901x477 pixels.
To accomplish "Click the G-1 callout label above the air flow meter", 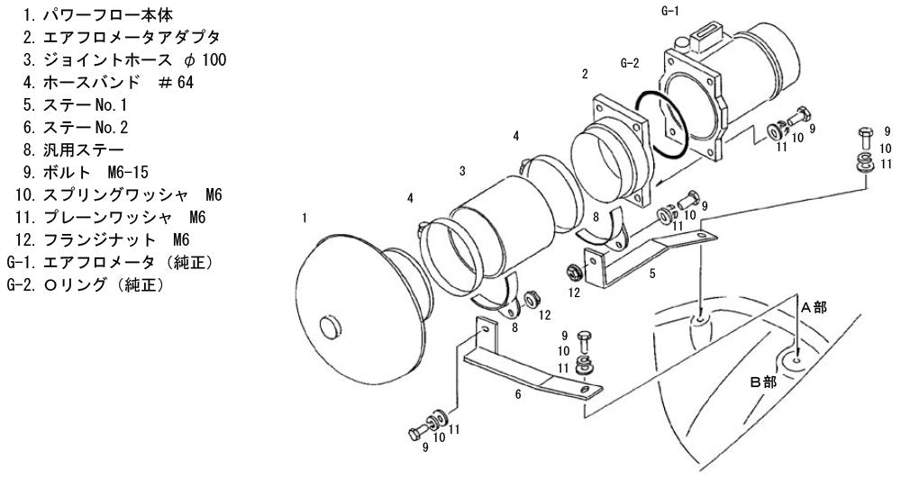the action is (x=670, y=11).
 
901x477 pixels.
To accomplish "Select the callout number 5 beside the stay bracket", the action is (x=652, y=274).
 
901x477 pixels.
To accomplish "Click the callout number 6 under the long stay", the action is (x=518, y=394).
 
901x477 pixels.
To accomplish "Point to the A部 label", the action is (x=814, y=308).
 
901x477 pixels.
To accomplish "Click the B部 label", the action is (x=763, y=382).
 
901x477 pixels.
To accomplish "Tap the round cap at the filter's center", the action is (x=331, y=328).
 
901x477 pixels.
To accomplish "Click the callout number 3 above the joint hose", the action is (x=462, y=171).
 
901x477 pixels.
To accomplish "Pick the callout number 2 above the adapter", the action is (x=585, y=74).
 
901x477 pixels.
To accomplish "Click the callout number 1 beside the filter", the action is (x=305, y=218).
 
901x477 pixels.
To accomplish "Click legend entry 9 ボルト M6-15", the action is (x=86, y=172).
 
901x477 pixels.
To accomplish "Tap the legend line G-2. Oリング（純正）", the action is (x=86, y=284).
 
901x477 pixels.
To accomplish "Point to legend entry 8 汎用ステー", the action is (x=74, y=149).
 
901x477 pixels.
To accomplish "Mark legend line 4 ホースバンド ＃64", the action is (x=109, y=82).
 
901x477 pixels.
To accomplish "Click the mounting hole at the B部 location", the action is (x=796, y=360).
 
